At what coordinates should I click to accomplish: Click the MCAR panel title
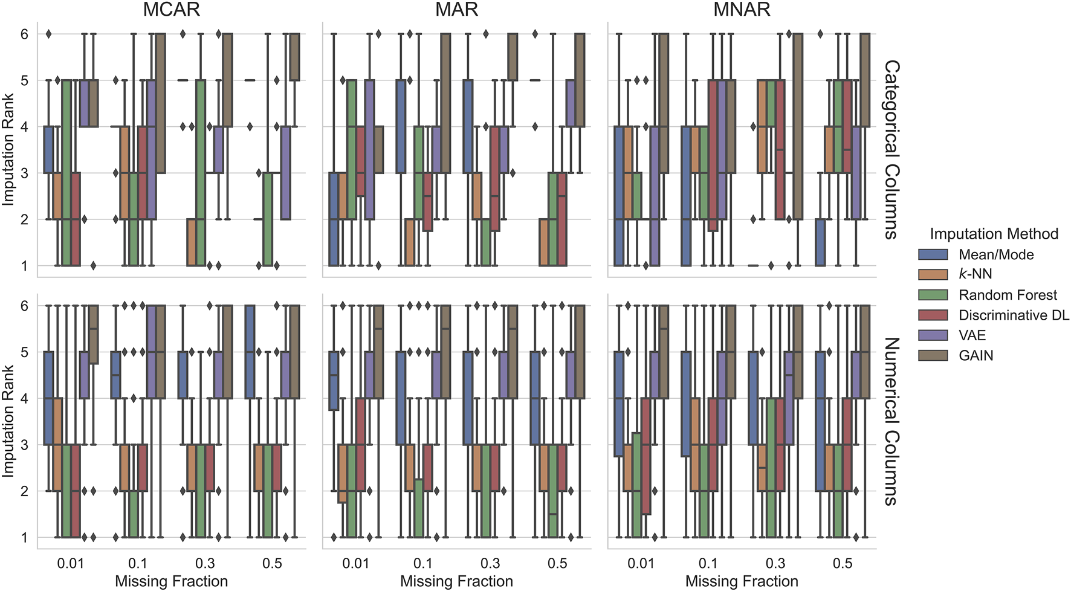click(171, 10)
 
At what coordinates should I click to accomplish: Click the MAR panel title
click(456, 10)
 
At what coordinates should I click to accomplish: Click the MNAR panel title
click(742, 10)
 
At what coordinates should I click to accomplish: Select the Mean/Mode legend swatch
click(933, 254)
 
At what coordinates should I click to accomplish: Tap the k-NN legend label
click(975, 274)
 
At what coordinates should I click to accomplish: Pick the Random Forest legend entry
click(1008, 295)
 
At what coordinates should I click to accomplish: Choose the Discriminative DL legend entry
click(1014, 315)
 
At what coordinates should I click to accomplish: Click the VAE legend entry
click(972, 335)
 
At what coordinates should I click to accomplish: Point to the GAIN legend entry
click(976, 355)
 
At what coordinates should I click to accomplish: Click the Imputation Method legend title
click(994, 234)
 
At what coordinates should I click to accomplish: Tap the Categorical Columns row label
click(891, 149)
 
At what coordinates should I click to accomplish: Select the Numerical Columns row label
click(891, 421)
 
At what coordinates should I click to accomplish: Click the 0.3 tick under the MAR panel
click(490, 563)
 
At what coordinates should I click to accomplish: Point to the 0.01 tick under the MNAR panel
click(641, 563)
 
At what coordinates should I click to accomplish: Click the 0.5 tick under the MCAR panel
click(272, 563)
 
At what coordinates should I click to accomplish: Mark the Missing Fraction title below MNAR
click(742, 581)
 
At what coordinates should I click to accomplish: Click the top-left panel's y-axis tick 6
click(24, 34)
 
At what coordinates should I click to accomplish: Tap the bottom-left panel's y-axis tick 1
click(24, 537)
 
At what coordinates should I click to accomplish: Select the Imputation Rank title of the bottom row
click(8, 421)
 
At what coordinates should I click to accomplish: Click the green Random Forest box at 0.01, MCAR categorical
click(66, 172)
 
